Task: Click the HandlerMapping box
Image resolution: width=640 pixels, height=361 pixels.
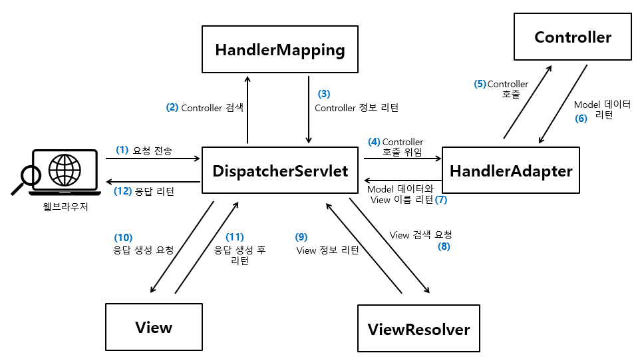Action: (280, 50)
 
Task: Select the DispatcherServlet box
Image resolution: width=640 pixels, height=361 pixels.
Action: (280, 171)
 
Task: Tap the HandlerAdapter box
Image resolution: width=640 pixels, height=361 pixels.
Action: (511, 171)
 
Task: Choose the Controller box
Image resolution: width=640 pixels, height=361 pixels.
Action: (573, 37)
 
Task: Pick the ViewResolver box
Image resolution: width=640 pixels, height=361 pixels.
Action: (418, 328)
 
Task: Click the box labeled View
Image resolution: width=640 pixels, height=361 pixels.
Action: (154, 327)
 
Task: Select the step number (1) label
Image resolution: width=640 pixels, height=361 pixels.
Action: (122, 151)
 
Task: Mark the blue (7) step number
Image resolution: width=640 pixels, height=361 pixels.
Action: (441, 199)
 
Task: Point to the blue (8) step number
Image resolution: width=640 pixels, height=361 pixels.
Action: (444, 246)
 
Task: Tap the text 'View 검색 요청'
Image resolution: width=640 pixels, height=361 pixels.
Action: (420, 234)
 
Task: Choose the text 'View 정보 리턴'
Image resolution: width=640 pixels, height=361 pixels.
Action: (327, 250)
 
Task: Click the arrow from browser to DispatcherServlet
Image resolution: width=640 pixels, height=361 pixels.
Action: (152, 159)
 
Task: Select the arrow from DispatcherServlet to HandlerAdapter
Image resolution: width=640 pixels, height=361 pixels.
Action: (402, 159)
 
